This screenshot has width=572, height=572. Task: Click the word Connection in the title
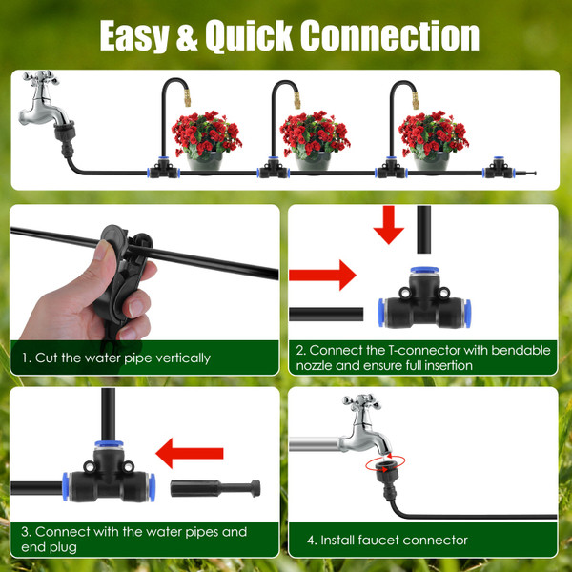[390, 35]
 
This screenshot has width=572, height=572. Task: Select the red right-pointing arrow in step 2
[321, 277]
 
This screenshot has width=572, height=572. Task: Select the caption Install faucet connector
[387, 540]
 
